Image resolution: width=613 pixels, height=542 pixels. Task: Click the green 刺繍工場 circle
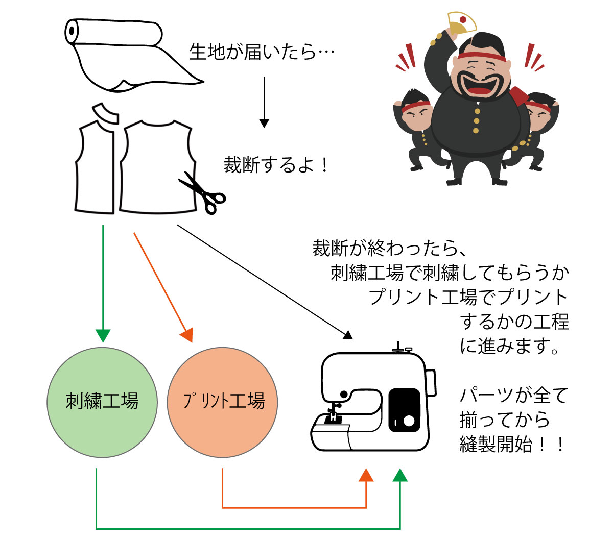pyautogui.click(x=102, y=402)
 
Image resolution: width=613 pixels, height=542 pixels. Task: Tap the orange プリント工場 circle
pyautogui.click(x=223, y=402)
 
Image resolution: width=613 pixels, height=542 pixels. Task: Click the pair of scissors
pyautogui.click(x=203, y=192)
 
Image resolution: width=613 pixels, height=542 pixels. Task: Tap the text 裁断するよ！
pyautogui.click(x=276, y=165)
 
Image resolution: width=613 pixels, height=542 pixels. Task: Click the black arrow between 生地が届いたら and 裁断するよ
pyautogui.click(x=264, y=102)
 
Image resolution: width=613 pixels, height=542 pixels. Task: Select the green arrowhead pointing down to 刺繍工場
pyautogui.click(x=103, y=335)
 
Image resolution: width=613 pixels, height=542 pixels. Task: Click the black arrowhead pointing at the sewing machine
pyautogui.click(x=348, y=335)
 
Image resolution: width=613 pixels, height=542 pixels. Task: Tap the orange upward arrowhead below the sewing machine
pyautogui.click(x=366, y=475)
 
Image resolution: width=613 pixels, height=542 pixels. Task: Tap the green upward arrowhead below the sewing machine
pyautogui.click(x=400, y=475)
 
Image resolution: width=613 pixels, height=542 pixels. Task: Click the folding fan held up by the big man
pyautogui.click(x=461, y=23)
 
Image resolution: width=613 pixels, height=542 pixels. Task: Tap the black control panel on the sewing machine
pyautogui.click(x=404, y=410)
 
